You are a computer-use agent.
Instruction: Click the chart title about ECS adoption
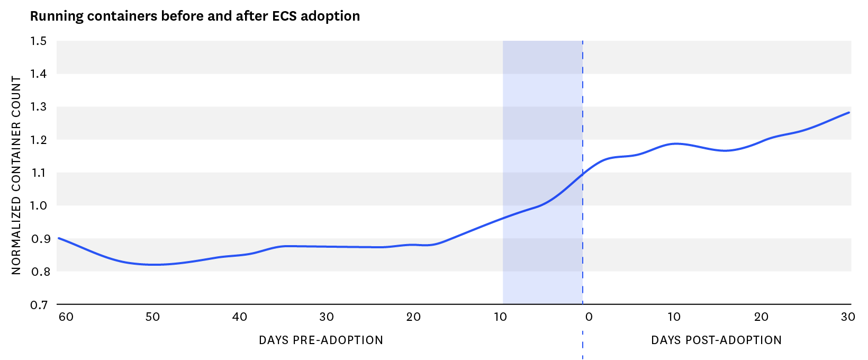click(x=195, y=16)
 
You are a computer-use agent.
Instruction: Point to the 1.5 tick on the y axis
click(x=39, y=41)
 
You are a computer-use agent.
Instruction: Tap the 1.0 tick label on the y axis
click(x=39, y=206)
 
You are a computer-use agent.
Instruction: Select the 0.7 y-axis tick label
click(x=39, y=305)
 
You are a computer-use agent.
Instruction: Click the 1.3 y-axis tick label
click(x=39, y=107)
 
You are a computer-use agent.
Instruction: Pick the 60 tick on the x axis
click(x=66, y=317)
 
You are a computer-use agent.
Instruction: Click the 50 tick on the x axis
click(x=153, y=317)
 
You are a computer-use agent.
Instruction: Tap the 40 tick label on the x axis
click(x=240, y=317)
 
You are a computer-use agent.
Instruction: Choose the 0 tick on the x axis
click(x=589, y=317)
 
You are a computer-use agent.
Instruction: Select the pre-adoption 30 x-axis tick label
click(x=327, y=317)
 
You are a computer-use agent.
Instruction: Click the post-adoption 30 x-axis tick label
click(x=848, y=317)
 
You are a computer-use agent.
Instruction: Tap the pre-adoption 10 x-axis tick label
click(x=500, y=317)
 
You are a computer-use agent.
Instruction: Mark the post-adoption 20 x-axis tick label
click(x=761, y=317)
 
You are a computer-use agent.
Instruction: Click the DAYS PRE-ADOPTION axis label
click(x=321, y=340)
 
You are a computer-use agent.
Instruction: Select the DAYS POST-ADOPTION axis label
click(x=716, y=340)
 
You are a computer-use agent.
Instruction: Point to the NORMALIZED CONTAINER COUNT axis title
click(x=16, y=175)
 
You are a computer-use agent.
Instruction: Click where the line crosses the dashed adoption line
click(x=583, y=174)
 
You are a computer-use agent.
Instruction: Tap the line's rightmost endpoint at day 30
click(x=849, y=112)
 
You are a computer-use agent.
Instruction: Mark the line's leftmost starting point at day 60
click(x=58, y=238)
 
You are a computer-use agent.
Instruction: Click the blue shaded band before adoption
click(x=542, y=132)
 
